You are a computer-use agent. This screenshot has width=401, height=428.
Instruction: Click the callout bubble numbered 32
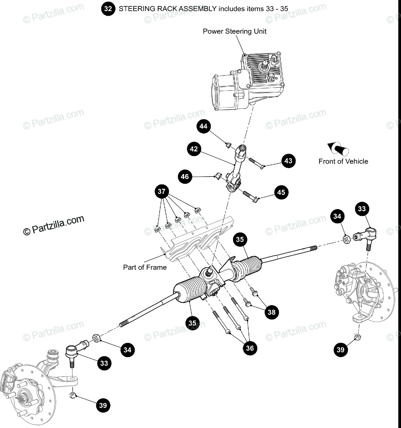[x=108, y=9]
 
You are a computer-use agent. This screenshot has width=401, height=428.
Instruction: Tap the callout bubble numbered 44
[x=203, y=127]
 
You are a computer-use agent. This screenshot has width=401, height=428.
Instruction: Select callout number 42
[x=194, y=149]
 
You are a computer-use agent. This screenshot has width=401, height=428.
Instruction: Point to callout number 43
[x=288, y=161]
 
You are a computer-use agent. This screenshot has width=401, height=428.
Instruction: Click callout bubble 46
[x=185, y=176]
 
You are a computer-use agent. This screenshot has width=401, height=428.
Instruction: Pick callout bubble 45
[x=281, y=193]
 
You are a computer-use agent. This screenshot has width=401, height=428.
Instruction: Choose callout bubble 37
[x=161, y=192]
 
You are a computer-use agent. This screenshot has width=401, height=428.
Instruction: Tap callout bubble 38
[x=272, y=312]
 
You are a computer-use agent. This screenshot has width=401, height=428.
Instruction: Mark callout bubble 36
[x=250, y=348]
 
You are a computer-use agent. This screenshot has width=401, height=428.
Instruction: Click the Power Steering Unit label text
[x=235, y=31]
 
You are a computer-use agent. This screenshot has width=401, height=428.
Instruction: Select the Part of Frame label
[x=145, y=267]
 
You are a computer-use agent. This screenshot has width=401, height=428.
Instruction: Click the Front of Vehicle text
[x=343, y=161]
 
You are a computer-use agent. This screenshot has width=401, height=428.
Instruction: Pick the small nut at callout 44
[x=227, y=145]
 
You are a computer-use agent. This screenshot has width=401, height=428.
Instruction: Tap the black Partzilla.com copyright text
[x=54, y=225]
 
